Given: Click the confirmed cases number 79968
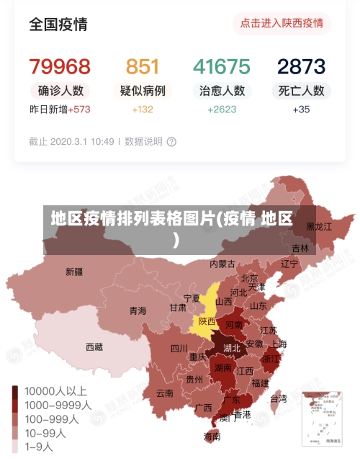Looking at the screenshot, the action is coord(60,67).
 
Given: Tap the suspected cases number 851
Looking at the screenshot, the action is coord(143,67).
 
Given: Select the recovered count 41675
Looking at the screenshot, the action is coord(222,67).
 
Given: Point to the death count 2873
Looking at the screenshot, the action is coord(302,67).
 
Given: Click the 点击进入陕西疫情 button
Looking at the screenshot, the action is coord(282,23).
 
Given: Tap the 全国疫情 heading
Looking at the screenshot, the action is coord(58,24).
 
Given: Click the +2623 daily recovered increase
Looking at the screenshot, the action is coord(222,109).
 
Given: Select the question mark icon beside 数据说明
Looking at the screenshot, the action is coord(171,142).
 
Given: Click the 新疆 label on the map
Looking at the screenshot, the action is coord(74,272).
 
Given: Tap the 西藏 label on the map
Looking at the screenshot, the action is coord(94,346).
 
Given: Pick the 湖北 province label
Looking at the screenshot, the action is coord(232,348).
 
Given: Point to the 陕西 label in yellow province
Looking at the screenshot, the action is coord(207,321).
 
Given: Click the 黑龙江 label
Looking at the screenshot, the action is coord(319,226).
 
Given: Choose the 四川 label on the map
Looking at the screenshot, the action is coord(179,349).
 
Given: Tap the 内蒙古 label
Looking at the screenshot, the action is coord(222,264).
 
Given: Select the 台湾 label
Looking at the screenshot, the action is coord(278,398).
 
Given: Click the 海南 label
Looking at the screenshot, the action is coord(212,436).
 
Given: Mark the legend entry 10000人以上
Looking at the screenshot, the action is coord(55,391).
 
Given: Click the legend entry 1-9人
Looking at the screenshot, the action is coord(39,447).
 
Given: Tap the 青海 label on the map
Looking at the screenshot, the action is coord(138,310).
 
